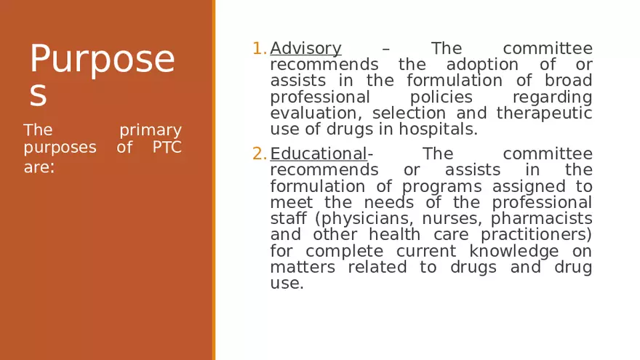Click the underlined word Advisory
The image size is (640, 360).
click(x=305, y=49)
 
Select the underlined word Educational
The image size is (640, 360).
click(x=319, y=154)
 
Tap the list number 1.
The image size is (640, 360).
click(x=259, y=49)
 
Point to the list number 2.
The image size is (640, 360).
click(x=259, y=154)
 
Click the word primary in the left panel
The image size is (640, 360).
click(x=151, y=131)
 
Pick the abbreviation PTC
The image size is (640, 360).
click(x=167, y=148)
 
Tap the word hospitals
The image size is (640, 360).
click(x=443, y=130)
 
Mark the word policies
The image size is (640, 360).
click(x=441, y=97)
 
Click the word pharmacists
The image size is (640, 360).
click(x=542, y=219)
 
